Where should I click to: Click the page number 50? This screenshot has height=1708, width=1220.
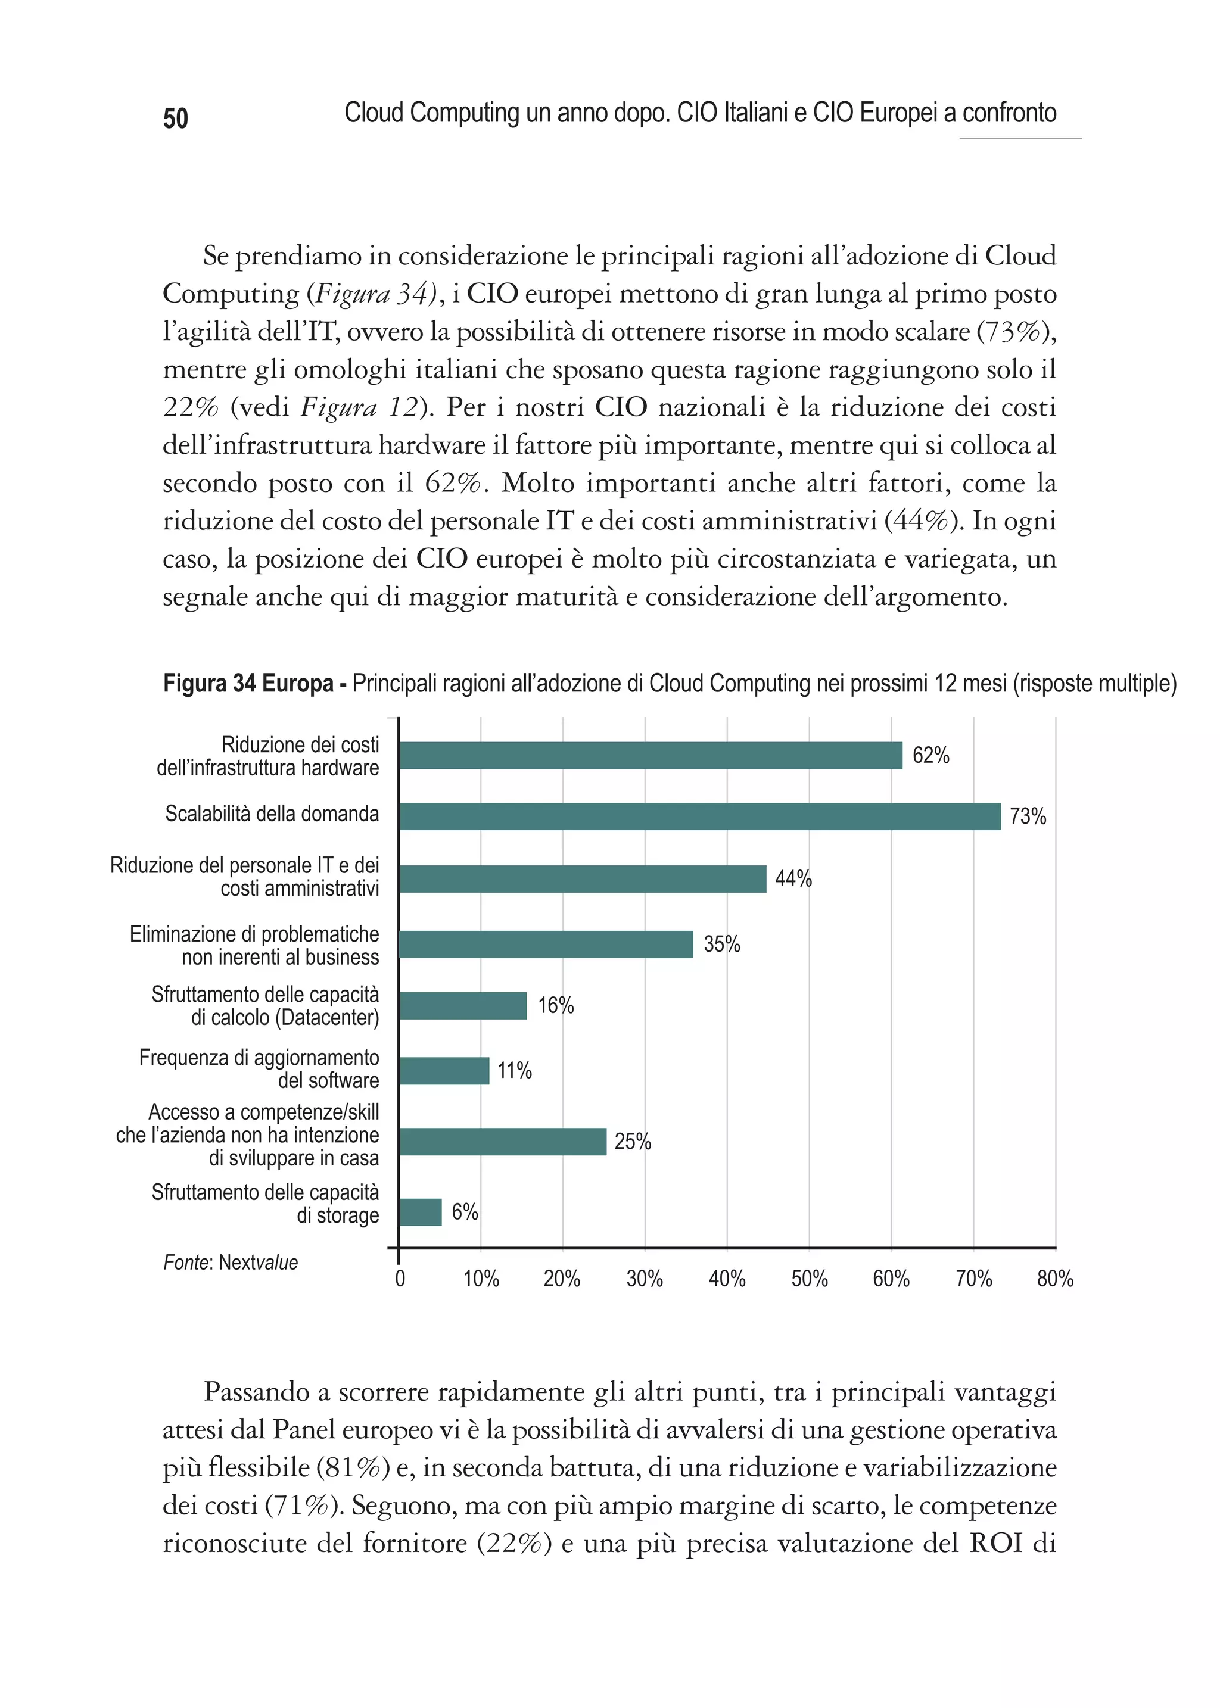click(x=175, y=119)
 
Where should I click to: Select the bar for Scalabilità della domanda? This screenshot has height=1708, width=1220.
click(x=699, y=816)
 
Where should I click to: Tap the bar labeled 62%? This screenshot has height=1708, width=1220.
click(x=651, y=755)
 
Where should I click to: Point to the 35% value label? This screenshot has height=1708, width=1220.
click(x=721, y=944)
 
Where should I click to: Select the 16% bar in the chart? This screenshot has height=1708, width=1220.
click(x=463, y=1005)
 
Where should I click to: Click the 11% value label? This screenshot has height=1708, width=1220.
click(x=514, y=1070)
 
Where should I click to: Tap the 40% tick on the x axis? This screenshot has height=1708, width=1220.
click(x=726, y=1279)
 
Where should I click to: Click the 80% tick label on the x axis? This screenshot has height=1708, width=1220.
click(x=1055, y=1279)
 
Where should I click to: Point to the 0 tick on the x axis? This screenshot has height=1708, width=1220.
click(x=400, y=1279)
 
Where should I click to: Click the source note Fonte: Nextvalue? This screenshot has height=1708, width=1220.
click(x=231, y=1263)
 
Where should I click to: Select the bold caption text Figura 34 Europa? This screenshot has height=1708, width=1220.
click(x=248, y=684)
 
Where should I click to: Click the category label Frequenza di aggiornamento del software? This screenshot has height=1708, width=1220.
click(x=259, y=1069)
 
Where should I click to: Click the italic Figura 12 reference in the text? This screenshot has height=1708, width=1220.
click(x=359, y=407)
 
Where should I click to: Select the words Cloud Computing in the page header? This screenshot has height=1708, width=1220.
click(x=432, y=113)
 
